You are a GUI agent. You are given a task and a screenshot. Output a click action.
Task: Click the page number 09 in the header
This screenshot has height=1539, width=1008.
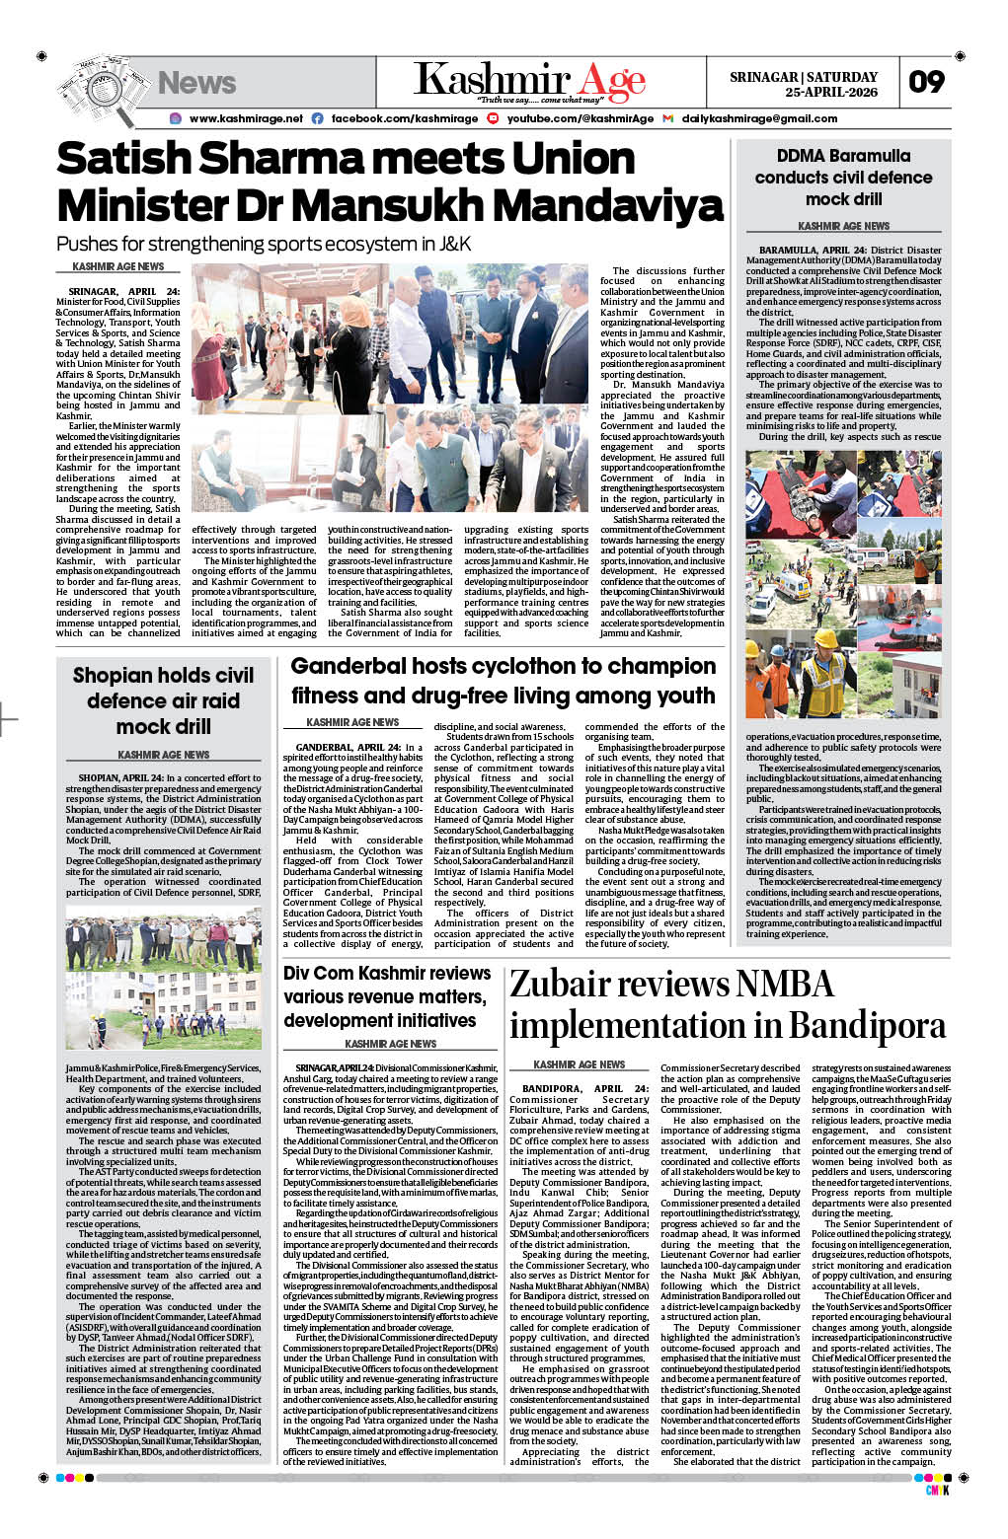pyautogui.click(x=926, y=82)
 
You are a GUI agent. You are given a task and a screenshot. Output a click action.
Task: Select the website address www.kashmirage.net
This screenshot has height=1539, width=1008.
pyautogui.click(x=246, y=118)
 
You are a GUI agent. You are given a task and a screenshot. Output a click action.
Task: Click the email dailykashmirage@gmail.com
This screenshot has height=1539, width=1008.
pyautogui.click(x=759, y=118)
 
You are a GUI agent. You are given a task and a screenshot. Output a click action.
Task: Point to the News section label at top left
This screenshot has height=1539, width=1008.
pyautogui.click(x=196, y=83)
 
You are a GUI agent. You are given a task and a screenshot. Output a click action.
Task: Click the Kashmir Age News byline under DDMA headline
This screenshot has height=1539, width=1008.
pyautogui.click(x=843, y=226)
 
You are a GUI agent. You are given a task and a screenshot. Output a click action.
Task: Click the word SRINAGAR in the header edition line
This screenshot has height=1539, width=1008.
pyautogui.click(x=764, y=77)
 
